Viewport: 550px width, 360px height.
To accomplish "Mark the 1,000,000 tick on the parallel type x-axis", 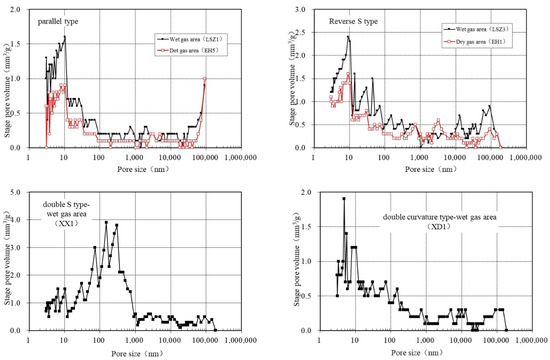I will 237,157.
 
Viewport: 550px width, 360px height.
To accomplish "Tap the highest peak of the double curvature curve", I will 344,198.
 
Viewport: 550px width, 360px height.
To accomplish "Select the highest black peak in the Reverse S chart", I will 348,37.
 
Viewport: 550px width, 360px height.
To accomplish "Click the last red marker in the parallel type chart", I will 205,79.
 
